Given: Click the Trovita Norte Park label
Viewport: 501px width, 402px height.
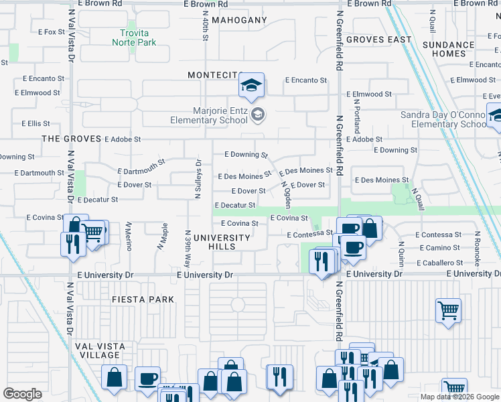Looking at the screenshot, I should pos(137,38).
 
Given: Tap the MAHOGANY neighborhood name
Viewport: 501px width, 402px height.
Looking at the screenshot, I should pos(239,20).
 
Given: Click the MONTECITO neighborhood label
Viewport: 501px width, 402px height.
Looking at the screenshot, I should pos(214,75).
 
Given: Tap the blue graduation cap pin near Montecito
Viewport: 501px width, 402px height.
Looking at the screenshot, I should pos(251,86).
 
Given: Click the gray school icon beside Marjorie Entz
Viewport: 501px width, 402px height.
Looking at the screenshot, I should pos(258,115).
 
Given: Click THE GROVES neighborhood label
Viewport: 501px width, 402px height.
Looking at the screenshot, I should pos(70,139).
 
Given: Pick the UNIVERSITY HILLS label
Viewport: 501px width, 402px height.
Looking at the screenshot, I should pos(222,242).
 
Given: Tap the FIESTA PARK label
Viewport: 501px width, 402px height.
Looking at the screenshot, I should pos(143,299).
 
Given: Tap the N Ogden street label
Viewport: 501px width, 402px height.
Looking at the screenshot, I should pos(286,194).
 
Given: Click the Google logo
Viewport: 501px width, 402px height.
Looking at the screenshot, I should pos(22,394).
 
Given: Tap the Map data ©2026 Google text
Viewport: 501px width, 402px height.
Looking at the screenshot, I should pos(459,397).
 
